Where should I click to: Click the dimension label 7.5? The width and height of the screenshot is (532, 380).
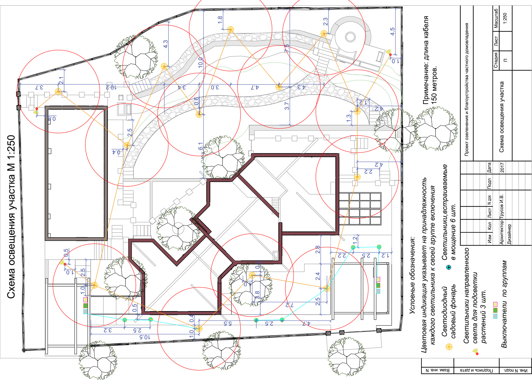tap(287, 48)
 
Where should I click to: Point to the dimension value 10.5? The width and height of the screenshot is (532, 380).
tap(145, 337)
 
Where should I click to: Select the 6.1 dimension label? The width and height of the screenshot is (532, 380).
tap(201, 146)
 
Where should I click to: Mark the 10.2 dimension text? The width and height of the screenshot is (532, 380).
tap(111, 87)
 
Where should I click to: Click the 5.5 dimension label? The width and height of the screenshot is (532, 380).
tap(227, 323)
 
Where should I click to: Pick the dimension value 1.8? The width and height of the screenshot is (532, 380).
tap(220, 19)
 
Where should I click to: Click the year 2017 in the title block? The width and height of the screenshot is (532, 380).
tap(502, 167)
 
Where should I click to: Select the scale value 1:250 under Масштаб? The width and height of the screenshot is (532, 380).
tap(505, 18)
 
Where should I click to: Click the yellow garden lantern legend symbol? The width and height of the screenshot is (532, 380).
tap(449, 347)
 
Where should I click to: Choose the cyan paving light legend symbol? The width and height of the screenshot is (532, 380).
tap(449, 267)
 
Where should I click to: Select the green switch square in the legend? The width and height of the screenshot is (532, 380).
tap(495, 310)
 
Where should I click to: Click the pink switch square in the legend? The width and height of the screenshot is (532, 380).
tap(495, 304)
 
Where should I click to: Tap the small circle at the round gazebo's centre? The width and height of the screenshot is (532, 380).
tap(350, 37)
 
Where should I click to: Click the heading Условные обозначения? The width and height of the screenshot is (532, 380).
tap(412, 275)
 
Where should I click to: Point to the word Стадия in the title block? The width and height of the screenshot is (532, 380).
tap(496, 60)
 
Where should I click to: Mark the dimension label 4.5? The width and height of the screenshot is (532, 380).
tap(392, 31)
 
